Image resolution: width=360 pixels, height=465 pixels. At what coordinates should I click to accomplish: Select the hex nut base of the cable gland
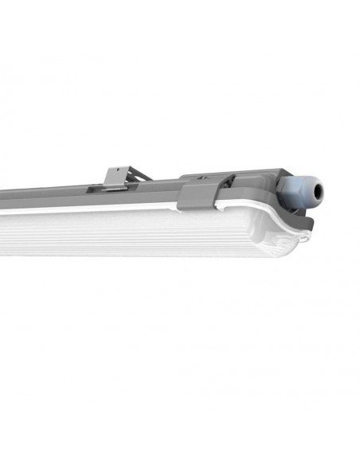click(x=287, y=189)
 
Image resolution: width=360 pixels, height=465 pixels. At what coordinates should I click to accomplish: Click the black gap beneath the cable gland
click(x=298, y=208)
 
